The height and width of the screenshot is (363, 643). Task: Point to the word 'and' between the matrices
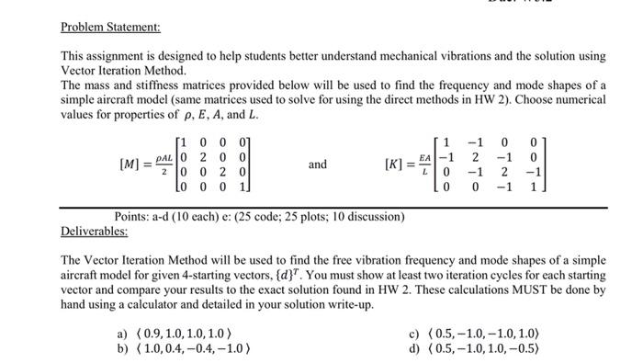pos(317,165)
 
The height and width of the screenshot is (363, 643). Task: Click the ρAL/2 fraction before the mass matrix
pos(164,165)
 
